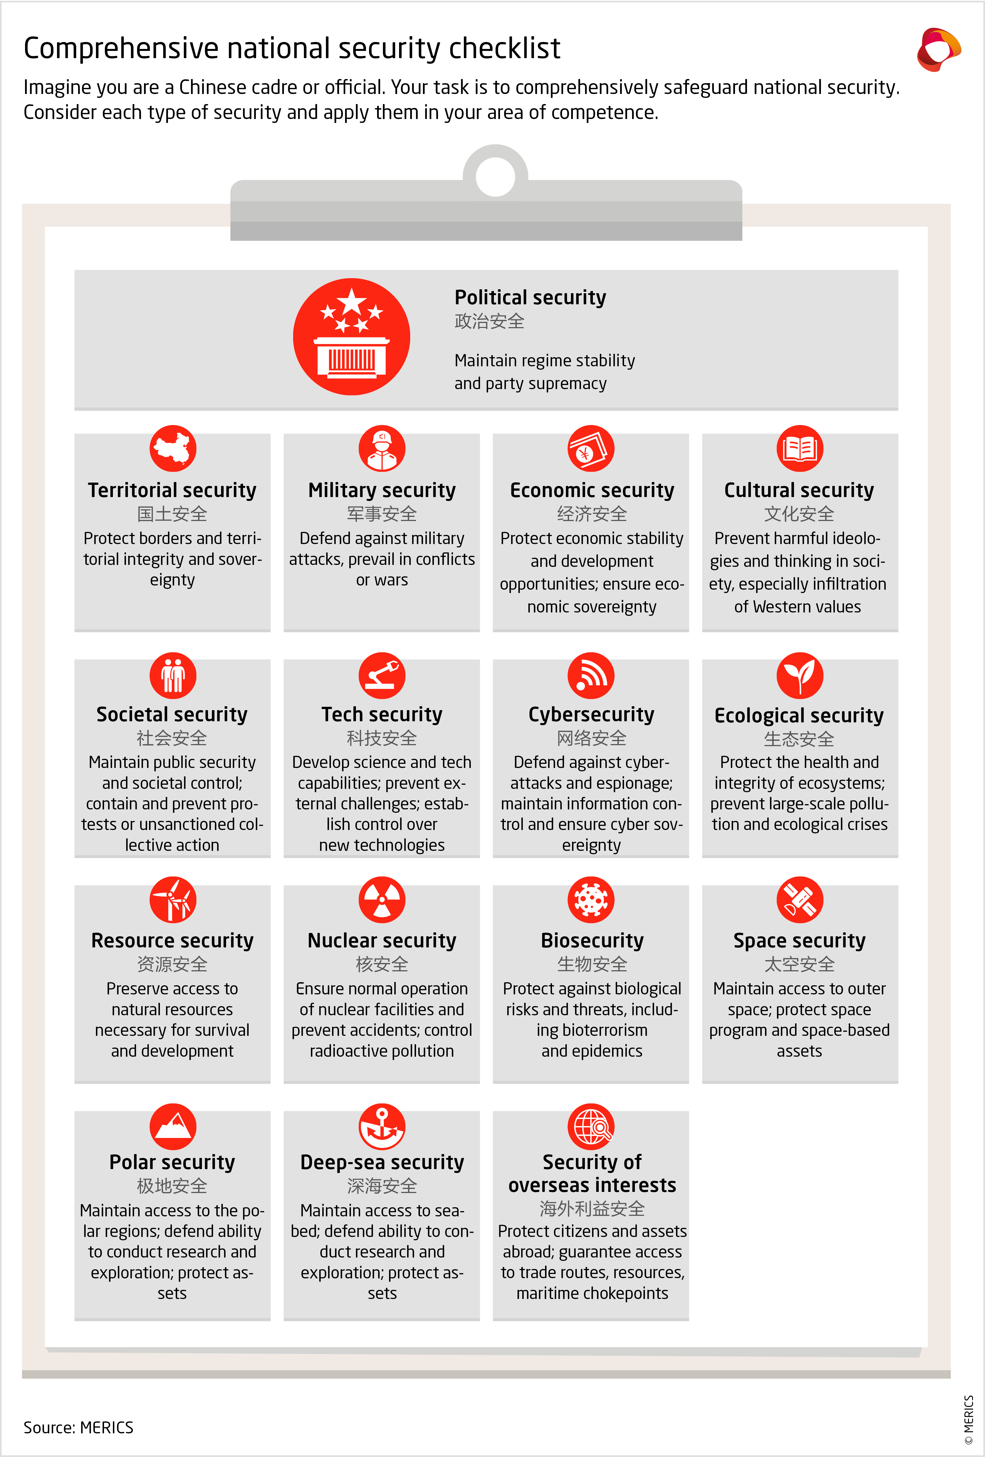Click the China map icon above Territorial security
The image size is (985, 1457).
point(173,448)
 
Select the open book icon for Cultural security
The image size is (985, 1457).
point(800,448)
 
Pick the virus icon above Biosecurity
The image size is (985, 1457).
point(591,900)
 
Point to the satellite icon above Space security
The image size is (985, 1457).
point(800,900)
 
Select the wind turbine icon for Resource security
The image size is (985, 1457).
point(173,900)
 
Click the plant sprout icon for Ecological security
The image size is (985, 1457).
point(800,675)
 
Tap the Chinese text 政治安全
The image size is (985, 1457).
point(489,322)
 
